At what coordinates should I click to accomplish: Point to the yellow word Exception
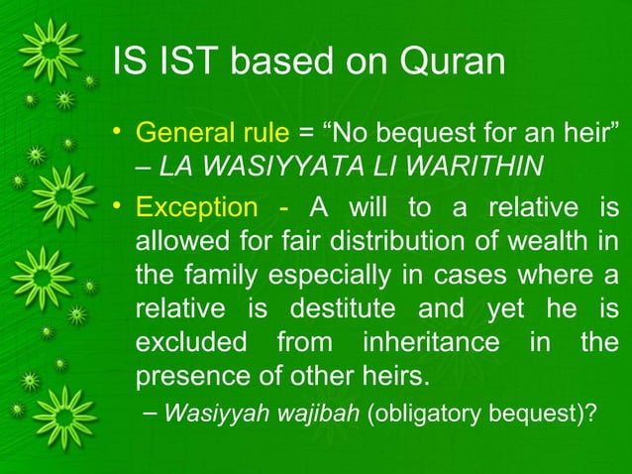point(195,209)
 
